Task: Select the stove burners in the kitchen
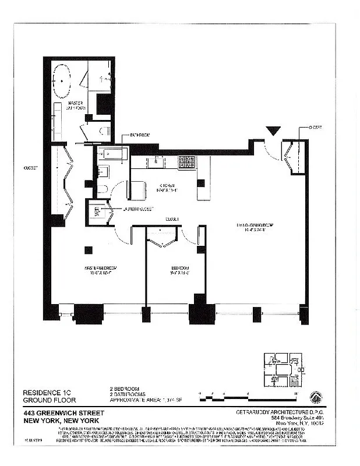(x=186, y=161)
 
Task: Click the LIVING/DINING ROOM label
(x=255, y=227)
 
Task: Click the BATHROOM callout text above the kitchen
(x=140, y=135)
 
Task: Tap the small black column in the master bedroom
(x=88, y=250)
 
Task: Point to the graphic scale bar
(x=248, y=394)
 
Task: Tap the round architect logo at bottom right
(x=315, y=396)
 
